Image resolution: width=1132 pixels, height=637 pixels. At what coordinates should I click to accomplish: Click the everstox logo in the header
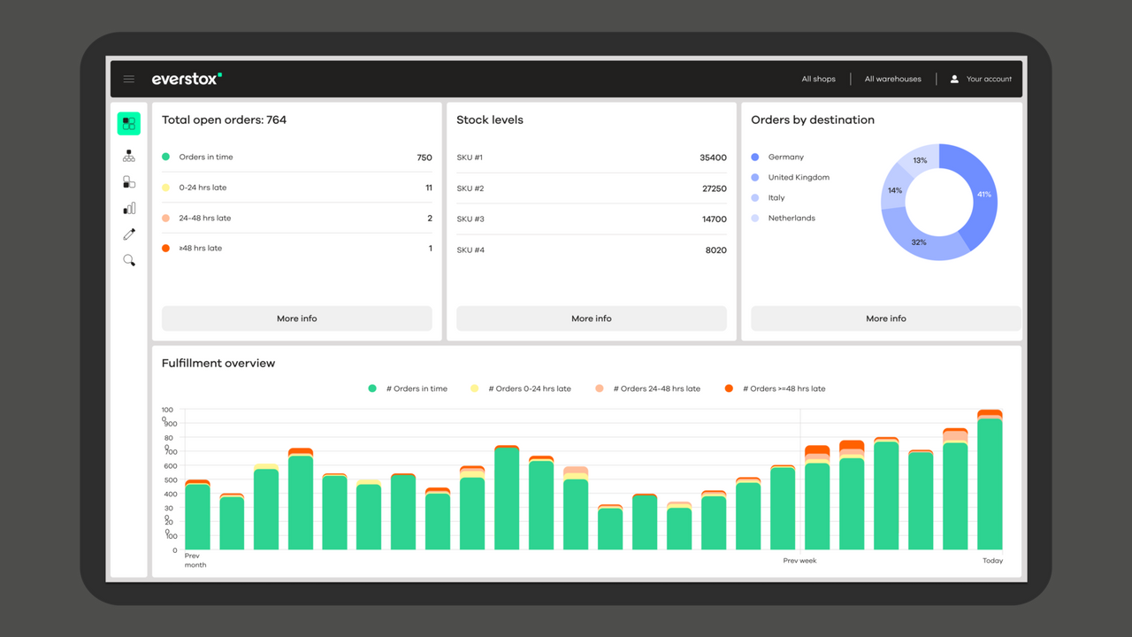[187, 79]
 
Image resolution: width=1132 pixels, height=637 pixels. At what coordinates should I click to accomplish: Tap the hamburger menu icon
[129, 79]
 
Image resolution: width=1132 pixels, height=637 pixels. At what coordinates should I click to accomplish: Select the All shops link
[818, 79]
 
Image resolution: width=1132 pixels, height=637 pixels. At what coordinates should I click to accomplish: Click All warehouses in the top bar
[892, 79]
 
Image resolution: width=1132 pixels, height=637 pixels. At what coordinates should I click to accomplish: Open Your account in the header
[981, 79]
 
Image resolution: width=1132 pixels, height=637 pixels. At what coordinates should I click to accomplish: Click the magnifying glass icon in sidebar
[129, 260]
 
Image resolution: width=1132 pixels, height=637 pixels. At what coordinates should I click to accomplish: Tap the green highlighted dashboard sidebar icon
[129, 123]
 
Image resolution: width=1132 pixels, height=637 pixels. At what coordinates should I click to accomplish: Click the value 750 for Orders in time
[424, 157]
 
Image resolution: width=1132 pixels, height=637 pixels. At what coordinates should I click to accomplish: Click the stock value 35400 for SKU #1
[713, 157]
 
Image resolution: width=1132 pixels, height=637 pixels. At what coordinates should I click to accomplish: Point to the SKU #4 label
[470, 250]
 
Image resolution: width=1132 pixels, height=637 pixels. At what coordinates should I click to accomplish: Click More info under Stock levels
[591, 318]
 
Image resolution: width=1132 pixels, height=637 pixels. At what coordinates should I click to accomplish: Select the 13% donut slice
[921, 159]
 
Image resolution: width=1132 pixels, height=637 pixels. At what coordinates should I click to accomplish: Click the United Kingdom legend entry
[799, 177]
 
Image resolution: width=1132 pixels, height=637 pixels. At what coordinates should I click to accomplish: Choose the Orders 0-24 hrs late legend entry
[529, 388]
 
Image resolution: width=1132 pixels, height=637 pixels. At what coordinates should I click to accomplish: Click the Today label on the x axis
[992, 561]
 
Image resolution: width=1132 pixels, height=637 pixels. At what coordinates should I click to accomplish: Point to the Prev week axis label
[799, 561]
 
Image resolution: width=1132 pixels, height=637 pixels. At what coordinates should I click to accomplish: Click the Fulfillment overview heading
[218, 363]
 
